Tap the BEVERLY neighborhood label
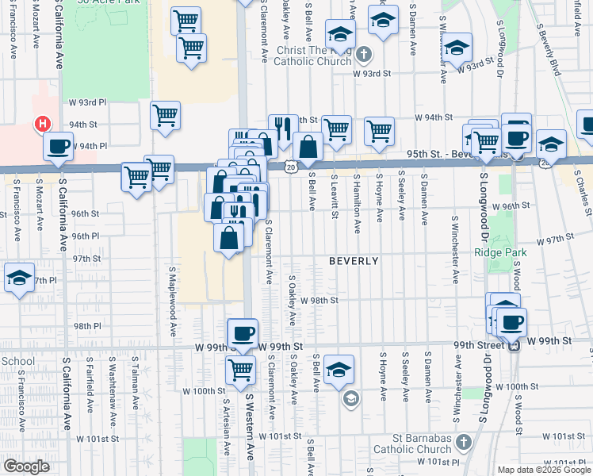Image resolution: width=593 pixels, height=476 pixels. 354,261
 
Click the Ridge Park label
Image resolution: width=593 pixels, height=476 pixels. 500,253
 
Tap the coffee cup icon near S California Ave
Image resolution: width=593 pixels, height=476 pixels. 59,146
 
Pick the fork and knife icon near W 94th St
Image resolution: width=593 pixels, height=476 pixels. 283,127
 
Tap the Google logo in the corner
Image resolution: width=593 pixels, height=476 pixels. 25,466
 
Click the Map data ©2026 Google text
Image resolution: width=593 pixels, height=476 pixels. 544,470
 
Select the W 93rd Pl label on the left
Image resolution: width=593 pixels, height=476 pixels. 87,103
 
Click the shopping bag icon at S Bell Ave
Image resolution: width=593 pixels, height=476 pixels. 308,147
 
